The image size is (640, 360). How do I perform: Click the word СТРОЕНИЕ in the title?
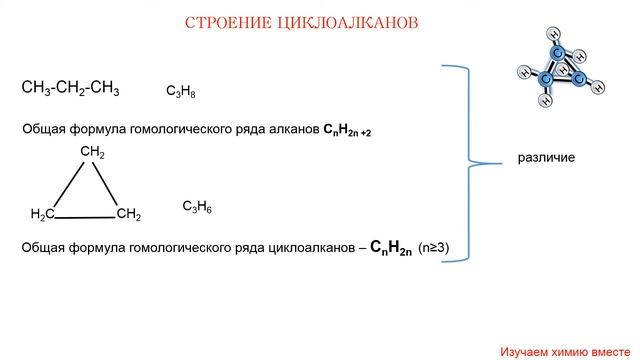point(228,23)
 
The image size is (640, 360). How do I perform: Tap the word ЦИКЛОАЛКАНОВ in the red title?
point(348,23)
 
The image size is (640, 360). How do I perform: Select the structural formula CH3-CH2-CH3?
point(70,88)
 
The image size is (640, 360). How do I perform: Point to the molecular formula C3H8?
point(181,91)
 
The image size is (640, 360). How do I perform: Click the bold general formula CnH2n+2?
point(347,130)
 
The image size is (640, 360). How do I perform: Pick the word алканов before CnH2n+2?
point(294,129)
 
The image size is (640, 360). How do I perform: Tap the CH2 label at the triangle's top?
point(93,152)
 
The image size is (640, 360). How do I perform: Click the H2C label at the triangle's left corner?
point(42,214)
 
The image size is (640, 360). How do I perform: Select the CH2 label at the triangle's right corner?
point(129,214)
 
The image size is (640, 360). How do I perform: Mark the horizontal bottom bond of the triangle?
point(85,218)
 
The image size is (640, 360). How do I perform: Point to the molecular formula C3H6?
point(197,207)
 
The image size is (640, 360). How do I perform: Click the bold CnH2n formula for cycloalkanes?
point(391,248)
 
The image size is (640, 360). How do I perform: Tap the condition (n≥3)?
point(433,247)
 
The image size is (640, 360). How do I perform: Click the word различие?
point(546,158)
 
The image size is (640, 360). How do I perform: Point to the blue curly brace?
point(469,163)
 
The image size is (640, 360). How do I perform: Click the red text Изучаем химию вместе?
point(565,352)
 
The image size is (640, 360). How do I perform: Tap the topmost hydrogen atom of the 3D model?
point(554,34)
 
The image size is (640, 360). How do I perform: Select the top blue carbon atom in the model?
point(558,53)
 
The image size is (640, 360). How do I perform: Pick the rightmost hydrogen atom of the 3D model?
point(598,87)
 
